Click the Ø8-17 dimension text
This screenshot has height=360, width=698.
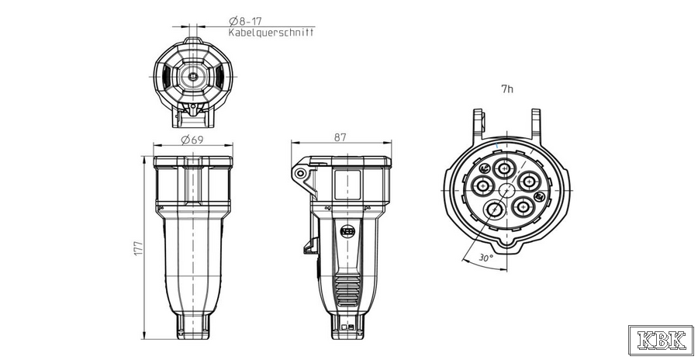(245, 20)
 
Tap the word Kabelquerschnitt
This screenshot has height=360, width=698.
(271, 32)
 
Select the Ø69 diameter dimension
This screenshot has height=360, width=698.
(193, 140)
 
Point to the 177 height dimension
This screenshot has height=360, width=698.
(138, 248)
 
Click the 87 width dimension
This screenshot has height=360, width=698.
(340, 137)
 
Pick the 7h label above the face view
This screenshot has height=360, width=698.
(507, 89)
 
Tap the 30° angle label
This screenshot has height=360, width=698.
(486, 258)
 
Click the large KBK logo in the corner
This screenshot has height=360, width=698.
(661, 341)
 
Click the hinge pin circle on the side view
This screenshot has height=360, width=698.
(301, 173)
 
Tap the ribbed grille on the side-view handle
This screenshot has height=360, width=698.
(347, 290)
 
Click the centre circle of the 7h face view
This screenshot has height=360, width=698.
(506, 191)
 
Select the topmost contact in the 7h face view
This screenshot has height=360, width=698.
(504, 168)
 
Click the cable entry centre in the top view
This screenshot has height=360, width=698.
(193, 76)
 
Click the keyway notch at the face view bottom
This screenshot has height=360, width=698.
(507, 244)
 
